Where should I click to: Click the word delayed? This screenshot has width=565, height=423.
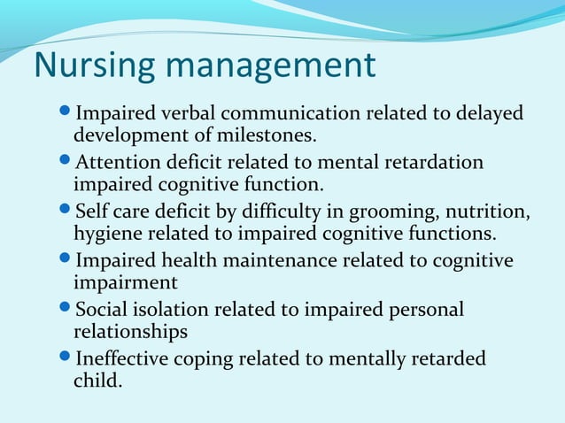click(x=491, y=114)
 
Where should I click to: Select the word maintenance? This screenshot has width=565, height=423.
click(x=275, y=261)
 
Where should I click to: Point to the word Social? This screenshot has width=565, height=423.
click(x=100, y=311)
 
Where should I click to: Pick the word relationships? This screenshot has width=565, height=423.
click(x=130, y=333)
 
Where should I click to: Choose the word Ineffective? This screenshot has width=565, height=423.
click(x=120, y=360)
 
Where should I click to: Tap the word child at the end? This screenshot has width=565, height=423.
click(x=97, y=382)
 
